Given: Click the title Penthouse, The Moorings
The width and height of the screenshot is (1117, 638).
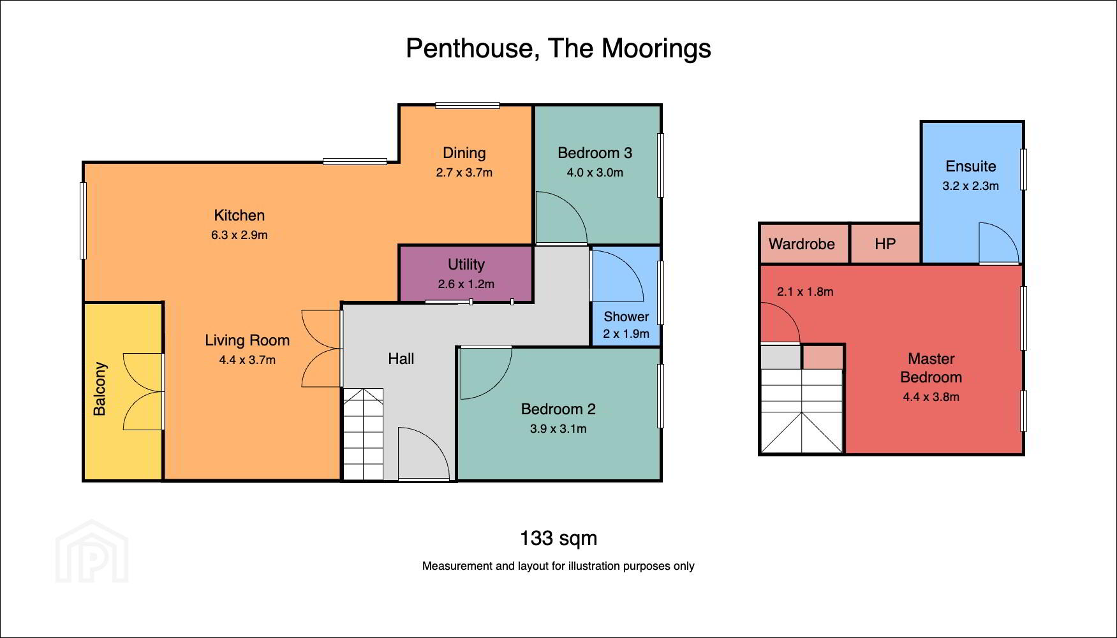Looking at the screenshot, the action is tap(558, 48).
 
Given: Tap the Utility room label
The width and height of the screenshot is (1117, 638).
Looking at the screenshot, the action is tap(466, 265).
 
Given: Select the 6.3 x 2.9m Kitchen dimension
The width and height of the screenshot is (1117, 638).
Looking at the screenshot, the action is tap(239, 235).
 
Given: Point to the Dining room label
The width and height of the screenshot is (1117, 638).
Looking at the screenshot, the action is tap(464, 153).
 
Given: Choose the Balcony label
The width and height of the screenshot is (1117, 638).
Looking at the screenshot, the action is tap(100, 389).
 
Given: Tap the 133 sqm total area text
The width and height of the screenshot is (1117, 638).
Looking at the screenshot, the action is tap(558, 539).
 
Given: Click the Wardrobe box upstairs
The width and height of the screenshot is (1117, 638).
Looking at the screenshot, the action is tap(804, 243).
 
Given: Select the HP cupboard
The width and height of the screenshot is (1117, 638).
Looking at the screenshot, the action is tap(885, 243).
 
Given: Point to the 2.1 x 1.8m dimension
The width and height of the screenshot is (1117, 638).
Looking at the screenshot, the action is tap(805, 292).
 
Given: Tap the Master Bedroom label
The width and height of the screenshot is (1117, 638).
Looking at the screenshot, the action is tap(931, 368).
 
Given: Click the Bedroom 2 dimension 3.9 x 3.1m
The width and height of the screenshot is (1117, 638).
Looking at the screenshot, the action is tap(558, 429).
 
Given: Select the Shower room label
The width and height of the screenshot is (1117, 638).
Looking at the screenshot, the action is tap(626, 317).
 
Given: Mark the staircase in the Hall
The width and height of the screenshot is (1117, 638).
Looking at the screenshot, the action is tap(363, 434).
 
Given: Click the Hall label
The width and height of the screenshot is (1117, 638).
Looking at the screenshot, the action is tap(401, 359).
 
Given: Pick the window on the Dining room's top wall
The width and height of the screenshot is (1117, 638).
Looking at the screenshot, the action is tap(468, 106).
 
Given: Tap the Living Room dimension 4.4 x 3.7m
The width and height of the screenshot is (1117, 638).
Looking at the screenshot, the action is tap(248, 360).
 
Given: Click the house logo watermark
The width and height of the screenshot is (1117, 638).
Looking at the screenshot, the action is tap(92, 551).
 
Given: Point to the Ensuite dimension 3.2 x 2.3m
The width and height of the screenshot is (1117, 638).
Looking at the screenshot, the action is tap(971, 186).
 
